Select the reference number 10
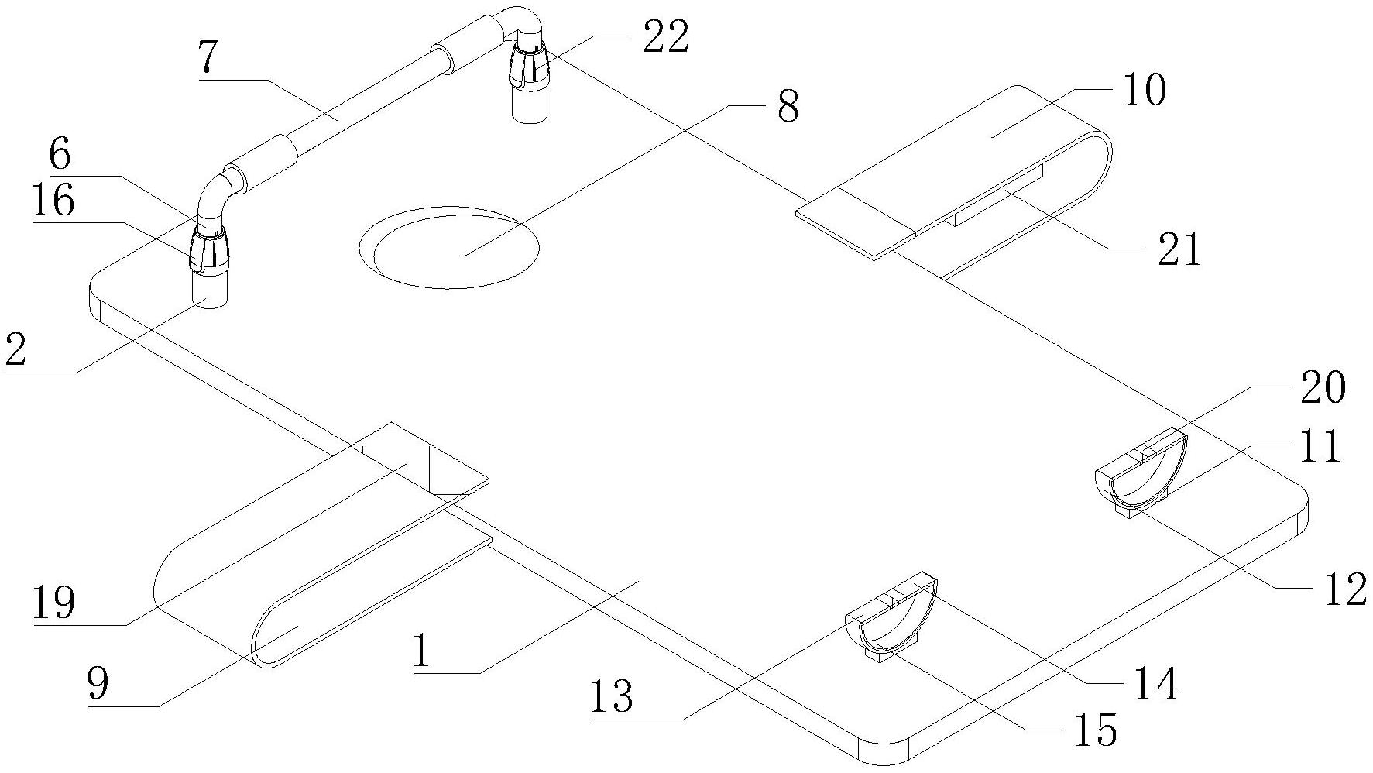(x=1142, y=91)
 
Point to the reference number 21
(x=1179, y=250)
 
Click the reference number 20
(x=1323, y=387)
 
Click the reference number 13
(x=611, y=698)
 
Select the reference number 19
(x=53, y=603)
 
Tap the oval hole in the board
(x=449, y=248)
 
